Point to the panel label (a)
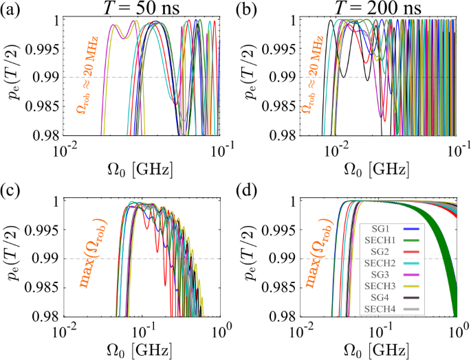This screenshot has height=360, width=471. (x=13, y=10)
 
